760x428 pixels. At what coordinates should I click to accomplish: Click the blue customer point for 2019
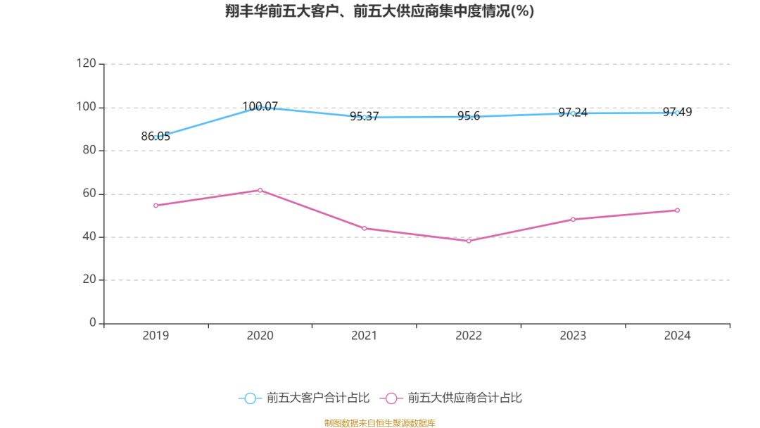156,137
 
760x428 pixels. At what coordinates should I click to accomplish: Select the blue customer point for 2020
260,107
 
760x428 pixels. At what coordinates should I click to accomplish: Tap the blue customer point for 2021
365,117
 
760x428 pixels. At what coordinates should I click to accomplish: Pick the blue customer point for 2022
469,116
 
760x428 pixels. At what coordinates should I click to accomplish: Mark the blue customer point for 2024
677,112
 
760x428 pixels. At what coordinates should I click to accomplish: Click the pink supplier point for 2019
156,206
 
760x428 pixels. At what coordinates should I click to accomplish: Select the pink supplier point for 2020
260,190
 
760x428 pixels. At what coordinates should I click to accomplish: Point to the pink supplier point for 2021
365,228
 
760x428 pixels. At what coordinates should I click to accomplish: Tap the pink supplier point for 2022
469,241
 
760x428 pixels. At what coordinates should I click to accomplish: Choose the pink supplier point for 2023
573,220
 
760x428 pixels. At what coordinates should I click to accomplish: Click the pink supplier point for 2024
677,210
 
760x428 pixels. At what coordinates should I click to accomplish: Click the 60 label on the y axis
89,194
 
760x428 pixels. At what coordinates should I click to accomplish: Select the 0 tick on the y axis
92,323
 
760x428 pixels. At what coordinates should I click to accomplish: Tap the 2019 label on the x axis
156,336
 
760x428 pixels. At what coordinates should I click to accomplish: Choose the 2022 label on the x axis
469,336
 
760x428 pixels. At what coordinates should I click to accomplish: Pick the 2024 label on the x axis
677,336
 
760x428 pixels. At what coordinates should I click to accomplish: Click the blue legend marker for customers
250,398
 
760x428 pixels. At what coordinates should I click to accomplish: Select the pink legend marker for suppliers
391,398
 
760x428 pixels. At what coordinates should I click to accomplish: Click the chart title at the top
380,11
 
